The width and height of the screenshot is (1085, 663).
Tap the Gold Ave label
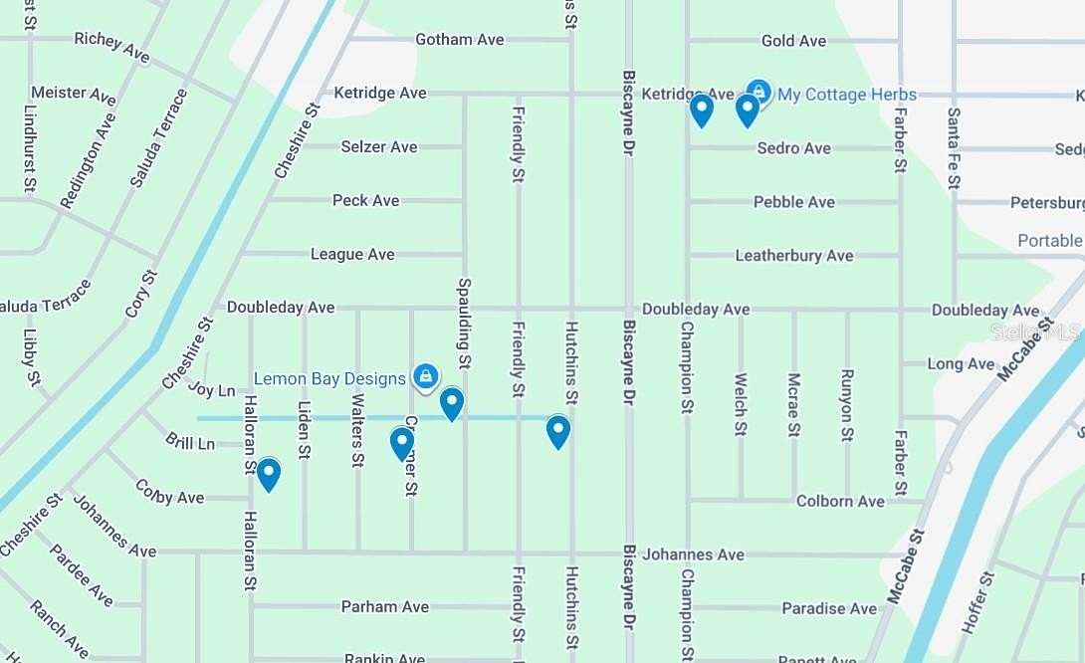[793, 41]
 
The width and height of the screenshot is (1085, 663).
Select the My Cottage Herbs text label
[847, 95]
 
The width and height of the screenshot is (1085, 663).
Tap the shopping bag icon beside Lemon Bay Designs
[425, 376]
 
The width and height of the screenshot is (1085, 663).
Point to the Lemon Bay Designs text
[329, 378]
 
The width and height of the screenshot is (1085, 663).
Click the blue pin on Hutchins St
[558, 431]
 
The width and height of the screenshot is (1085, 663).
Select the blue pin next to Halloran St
[269, 474]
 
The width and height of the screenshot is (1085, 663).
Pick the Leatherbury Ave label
[793, 256]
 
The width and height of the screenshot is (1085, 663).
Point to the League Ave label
[351, 254]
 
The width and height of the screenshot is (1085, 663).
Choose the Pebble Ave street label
[793, 202]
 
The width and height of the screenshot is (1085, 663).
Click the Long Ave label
[961, 363]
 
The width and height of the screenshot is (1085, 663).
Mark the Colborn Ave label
[840, 501]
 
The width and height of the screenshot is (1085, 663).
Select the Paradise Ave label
[828, 608]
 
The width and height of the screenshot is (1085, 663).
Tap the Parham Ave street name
[384, 606]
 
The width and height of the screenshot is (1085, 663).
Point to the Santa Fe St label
[954, 148]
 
